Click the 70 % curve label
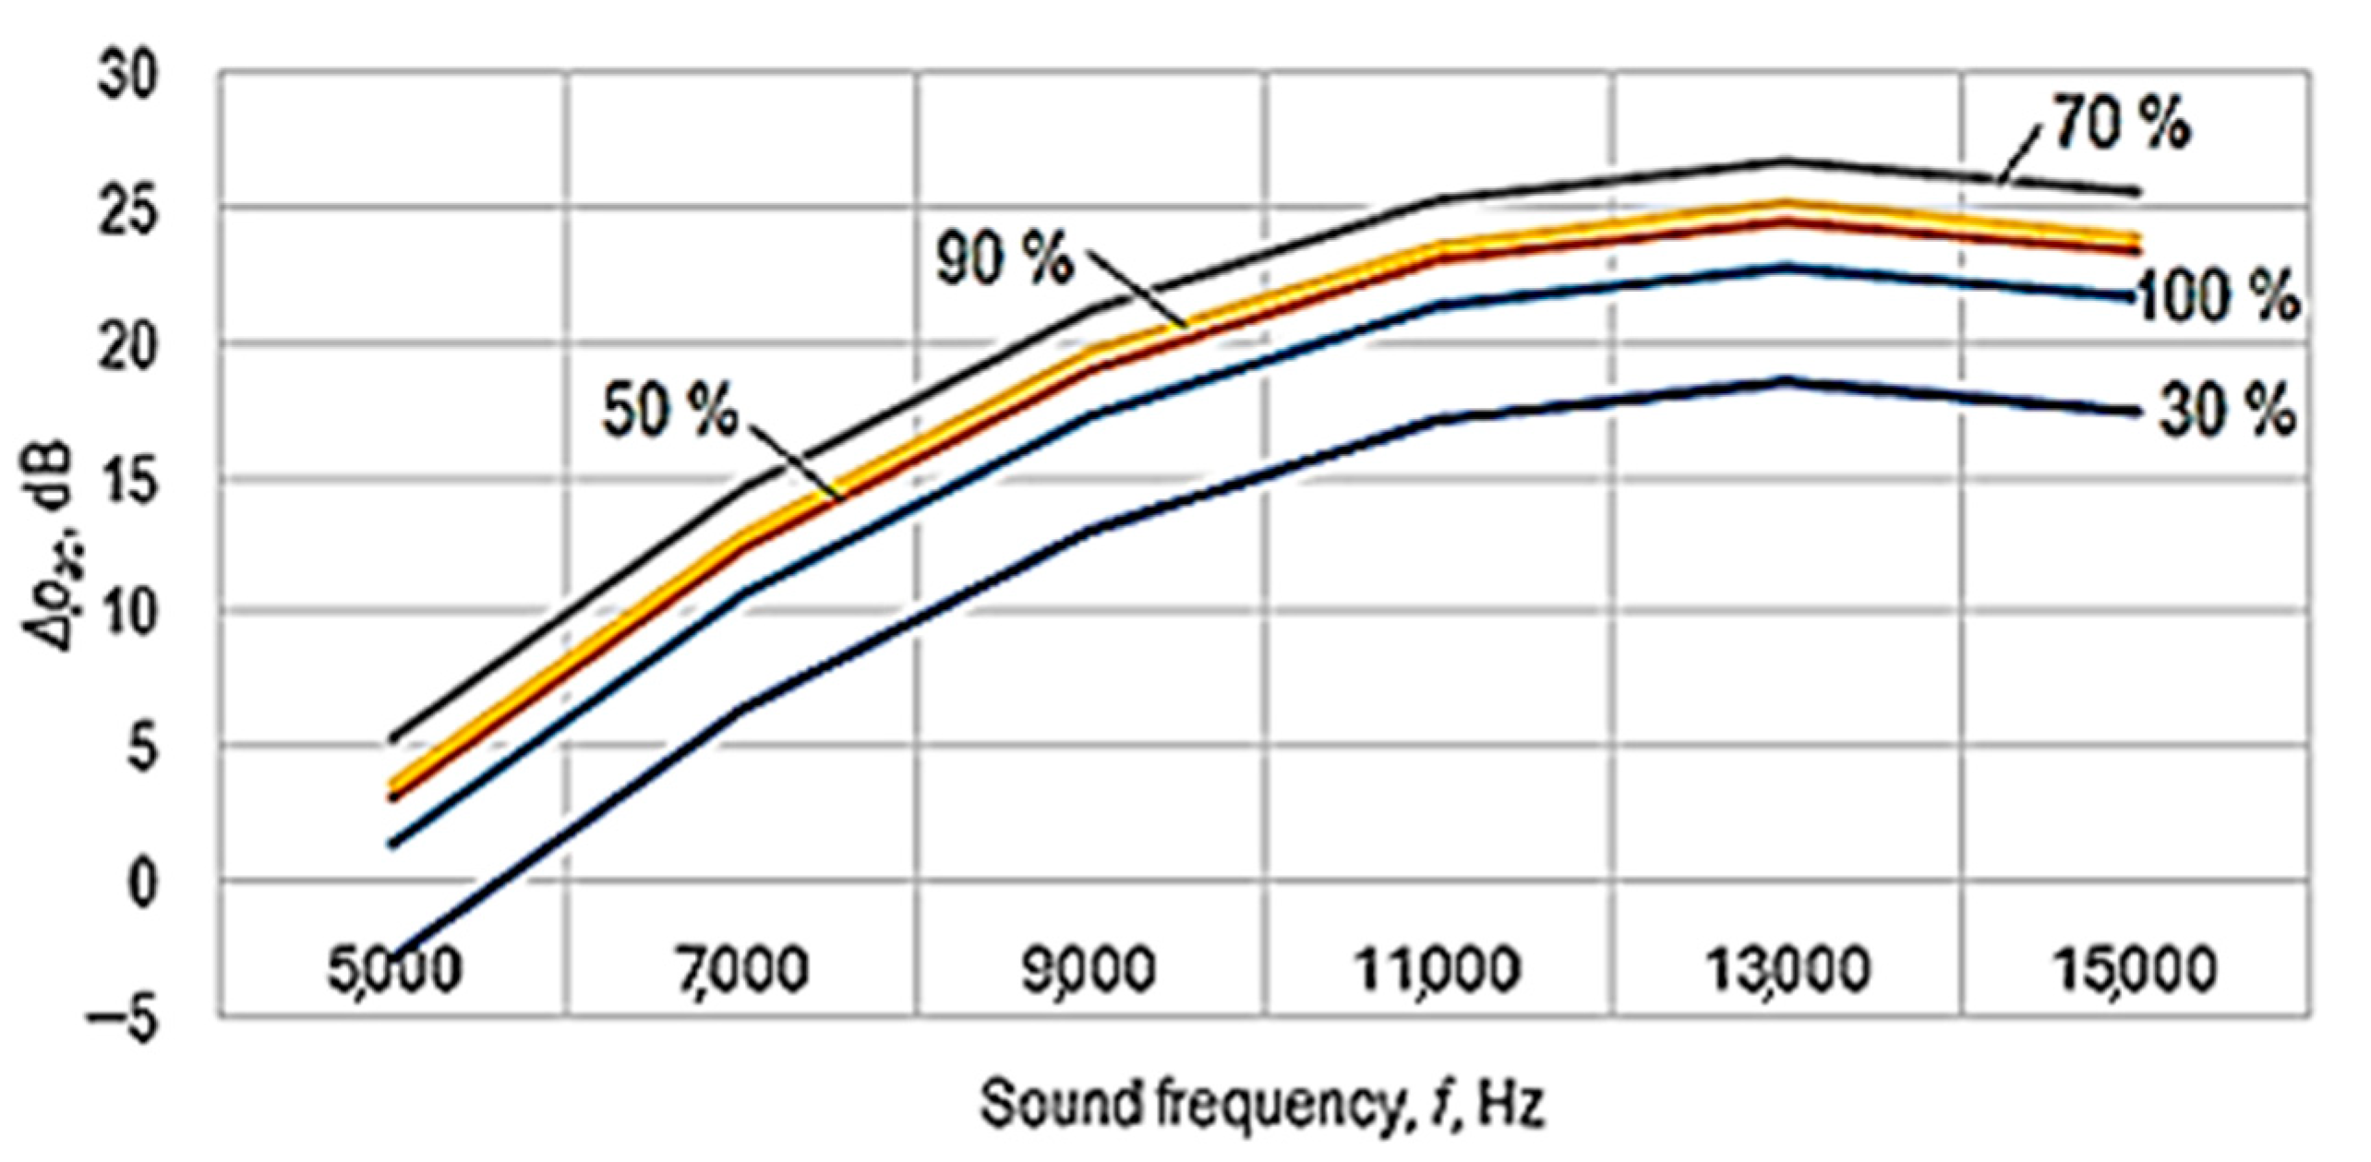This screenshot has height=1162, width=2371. coord(2120,125)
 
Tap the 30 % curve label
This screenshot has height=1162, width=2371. coord(2225,411)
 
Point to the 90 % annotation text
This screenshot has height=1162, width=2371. coord(1005,258)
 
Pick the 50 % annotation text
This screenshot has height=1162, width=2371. coord(670,411)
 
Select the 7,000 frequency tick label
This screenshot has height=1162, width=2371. coord(742,970)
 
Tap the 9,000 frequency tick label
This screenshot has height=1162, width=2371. coord(1090,970)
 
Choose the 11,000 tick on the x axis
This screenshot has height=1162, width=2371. coord(1437,970)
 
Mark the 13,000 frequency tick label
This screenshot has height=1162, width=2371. coord(1787,970)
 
